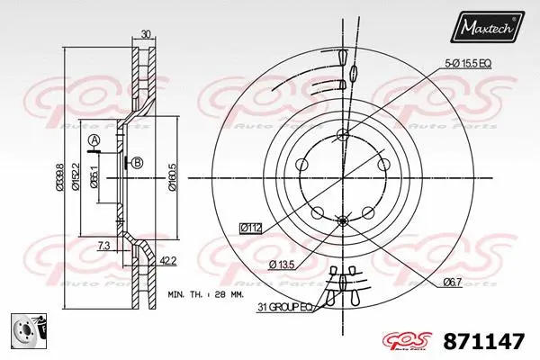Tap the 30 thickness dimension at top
click(x=147, y=35)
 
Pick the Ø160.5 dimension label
click(x=172, y=175)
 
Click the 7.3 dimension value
click(x=105, y=245)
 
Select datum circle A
click(x=93, y=139)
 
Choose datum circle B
click(x=137, y=162)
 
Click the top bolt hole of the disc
click(x=342, y=136)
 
